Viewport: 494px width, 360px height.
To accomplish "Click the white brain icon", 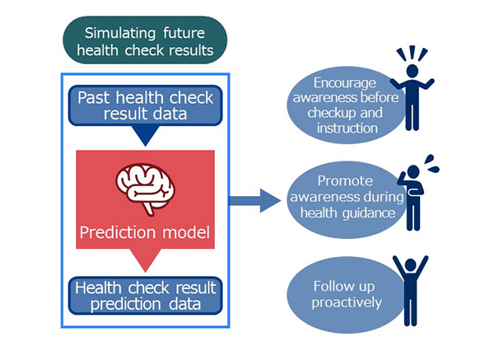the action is tap(146, 189).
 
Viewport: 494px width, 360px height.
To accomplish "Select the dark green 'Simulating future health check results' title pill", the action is tap(145, 40).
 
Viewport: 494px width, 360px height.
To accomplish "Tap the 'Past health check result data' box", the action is tap(145, 105).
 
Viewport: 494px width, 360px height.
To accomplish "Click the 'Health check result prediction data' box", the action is tap(145, 296).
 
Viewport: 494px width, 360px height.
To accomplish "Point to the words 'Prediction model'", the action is tap(145, 232).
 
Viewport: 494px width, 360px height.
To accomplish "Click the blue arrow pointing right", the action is tap(255, 200).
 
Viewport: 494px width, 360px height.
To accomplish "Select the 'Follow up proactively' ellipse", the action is tap(346, 295).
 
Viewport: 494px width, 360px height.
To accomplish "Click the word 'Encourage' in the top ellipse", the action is tap(345, 83).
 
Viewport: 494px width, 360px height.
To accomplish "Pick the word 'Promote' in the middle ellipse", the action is tap(345, 181).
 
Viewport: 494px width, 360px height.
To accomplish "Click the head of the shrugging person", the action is tap(412, 71).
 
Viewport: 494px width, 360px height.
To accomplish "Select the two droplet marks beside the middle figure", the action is tap(431, 164).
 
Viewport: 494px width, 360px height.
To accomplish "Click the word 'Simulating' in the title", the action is tap(120, 34).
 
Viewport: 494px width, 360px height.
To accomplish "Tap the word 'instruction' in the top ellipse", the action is tap(347, 128).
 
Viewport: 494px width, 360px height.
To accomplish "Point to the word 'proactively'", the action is tap(347, 302).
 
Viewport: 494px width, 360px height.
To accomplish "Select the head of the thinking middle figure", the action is tap(413, 172).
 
